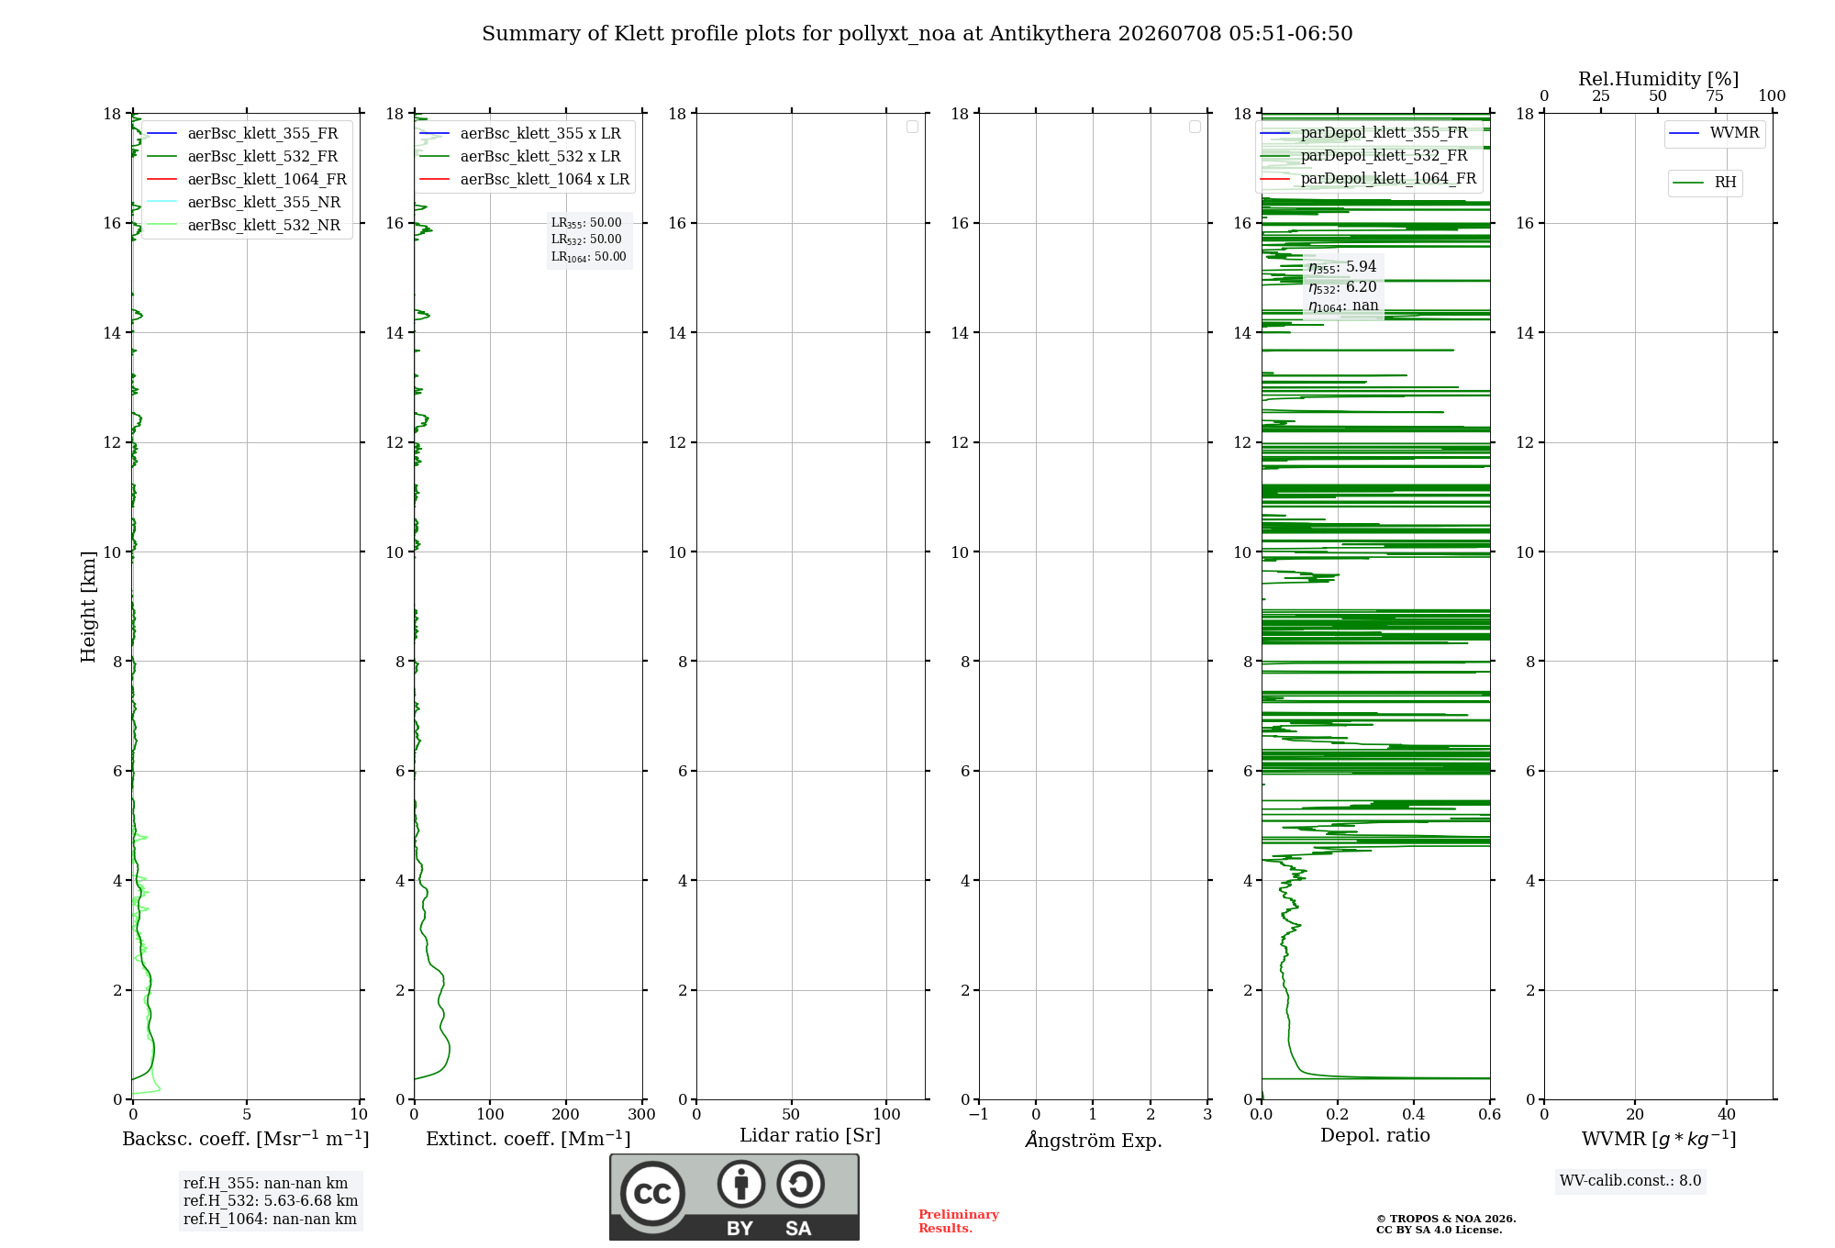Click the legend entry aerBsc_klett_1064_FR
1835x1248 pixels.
247,179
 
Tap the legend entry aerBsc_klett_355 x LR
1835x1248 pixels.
520,133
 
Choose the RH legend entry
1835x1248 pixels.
1706,183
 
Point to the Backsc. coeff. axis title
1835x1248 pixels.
246,1139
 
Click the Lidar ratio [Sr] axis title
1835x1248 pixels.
810,1136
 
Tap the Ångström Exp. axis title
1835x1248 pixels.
1094,1140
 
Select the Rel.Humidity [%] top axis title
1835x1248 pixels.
1659,79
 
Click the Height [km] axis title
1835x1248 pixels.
88,607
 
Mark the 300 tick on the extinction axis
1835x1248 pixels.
642,1114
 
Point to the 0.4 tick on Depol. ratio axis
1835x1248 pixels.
1414,1114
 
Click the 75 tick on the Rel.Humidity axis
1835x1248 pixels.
1715,95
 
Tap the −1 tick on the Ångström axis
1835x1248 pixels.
978,1114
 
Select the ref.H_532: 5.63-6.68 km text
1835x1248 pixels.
271,1200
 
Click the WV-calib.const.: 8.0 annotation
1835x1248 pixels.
1630,1181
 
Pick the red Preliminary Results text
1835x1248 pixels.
959,1221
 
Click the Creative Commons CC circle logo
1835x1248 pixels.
652,1194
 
